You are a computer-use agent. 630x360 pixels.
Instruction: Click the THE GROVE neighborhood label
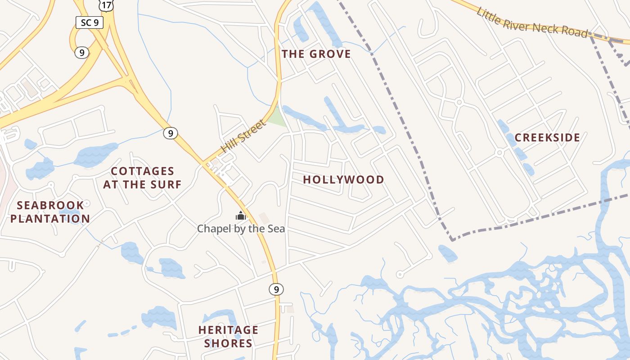316,54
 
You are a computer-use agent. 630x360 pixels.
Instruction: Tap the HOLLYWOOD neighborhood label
343,180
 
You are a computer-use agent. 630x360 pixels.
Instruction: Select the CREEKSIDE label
547,138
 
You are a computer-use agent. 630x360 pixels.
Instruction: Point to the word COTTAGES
142,171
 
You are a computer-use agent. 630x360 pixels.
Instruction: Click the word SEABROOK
50,206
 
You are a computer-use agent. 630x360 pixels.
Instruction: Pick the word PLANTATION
50,219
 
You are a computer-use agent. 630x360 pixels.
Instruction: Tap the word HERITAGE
228,330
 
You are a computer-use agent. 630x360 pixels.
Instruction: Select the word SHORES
228,343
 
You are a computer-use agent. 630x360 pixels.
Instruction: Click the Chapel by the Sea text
241,229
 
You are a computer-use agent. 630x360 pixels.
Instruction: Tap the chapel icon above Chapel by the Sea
241,216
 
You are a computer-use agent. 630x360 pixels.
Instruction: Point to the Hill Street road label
243,136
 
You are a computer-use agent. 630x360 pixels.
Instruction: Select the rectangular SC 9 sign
90,22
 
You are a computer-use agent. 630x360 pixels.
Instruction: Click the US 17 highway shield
107,4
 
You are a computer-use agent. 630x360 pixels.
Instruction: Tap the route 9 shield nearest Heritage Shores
276,289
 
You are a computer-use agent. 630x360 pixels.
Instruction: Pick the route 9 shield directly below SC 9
81,53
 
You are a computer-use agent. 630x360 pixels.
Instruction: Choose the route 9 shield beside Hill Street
170,133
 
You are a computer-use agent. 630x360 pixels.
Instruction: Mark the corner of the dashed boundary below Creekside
452,240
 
